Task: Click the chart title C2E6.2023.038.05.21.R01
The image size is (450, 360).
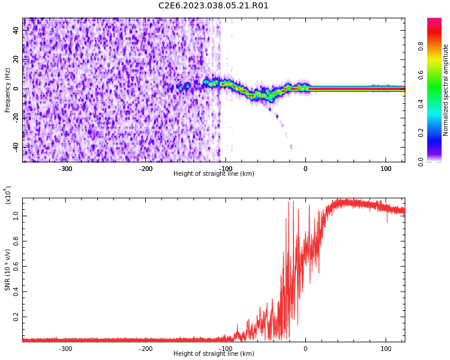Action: point(214,6)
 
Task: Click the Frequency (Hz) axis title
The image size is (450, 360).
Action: point(8,90)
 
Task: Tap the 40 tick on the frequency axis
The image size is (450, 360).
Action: point(16,30)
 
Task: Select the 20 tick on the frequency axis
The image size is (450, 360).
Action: point(16,59)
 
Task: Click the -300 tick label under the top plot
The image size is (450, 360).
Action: point(65,169)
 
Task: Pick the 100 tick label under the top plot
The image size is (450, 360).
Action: point(385,169)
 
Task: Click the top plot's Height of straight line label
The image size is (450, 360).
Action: point(214,173)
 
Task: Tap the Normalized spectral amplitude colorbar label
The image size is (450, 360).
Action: point(446,90)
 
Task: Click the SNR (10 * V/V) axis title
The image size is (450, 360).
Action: point(8,270)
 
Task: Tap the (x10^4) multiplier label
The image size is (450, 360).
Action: point(8,195)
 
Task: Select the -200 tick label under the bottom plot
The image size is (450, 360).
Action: point(146,349)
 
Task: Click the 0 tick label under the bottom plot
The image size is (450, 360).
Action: point(305,349)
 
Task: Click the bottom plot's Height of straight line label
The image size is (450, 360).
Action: point(214,354)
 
